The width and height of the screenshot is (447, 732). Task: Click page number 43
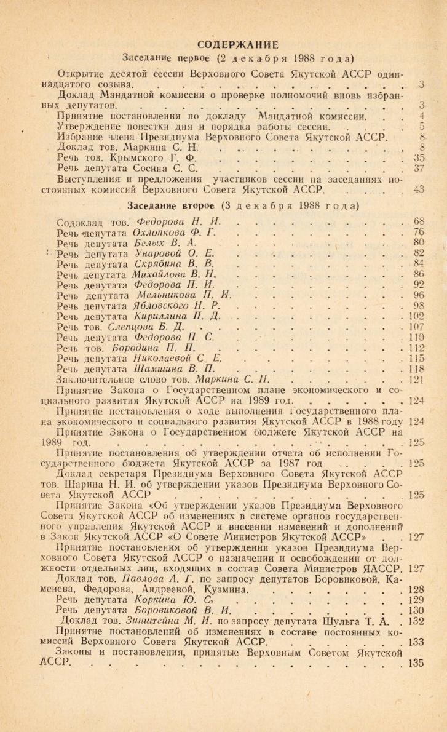coord(420,190)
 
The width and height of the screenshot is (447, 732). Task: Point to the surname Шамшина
coord(159,368)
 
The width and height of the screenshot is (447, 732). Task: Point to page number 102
coord(417,316)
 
